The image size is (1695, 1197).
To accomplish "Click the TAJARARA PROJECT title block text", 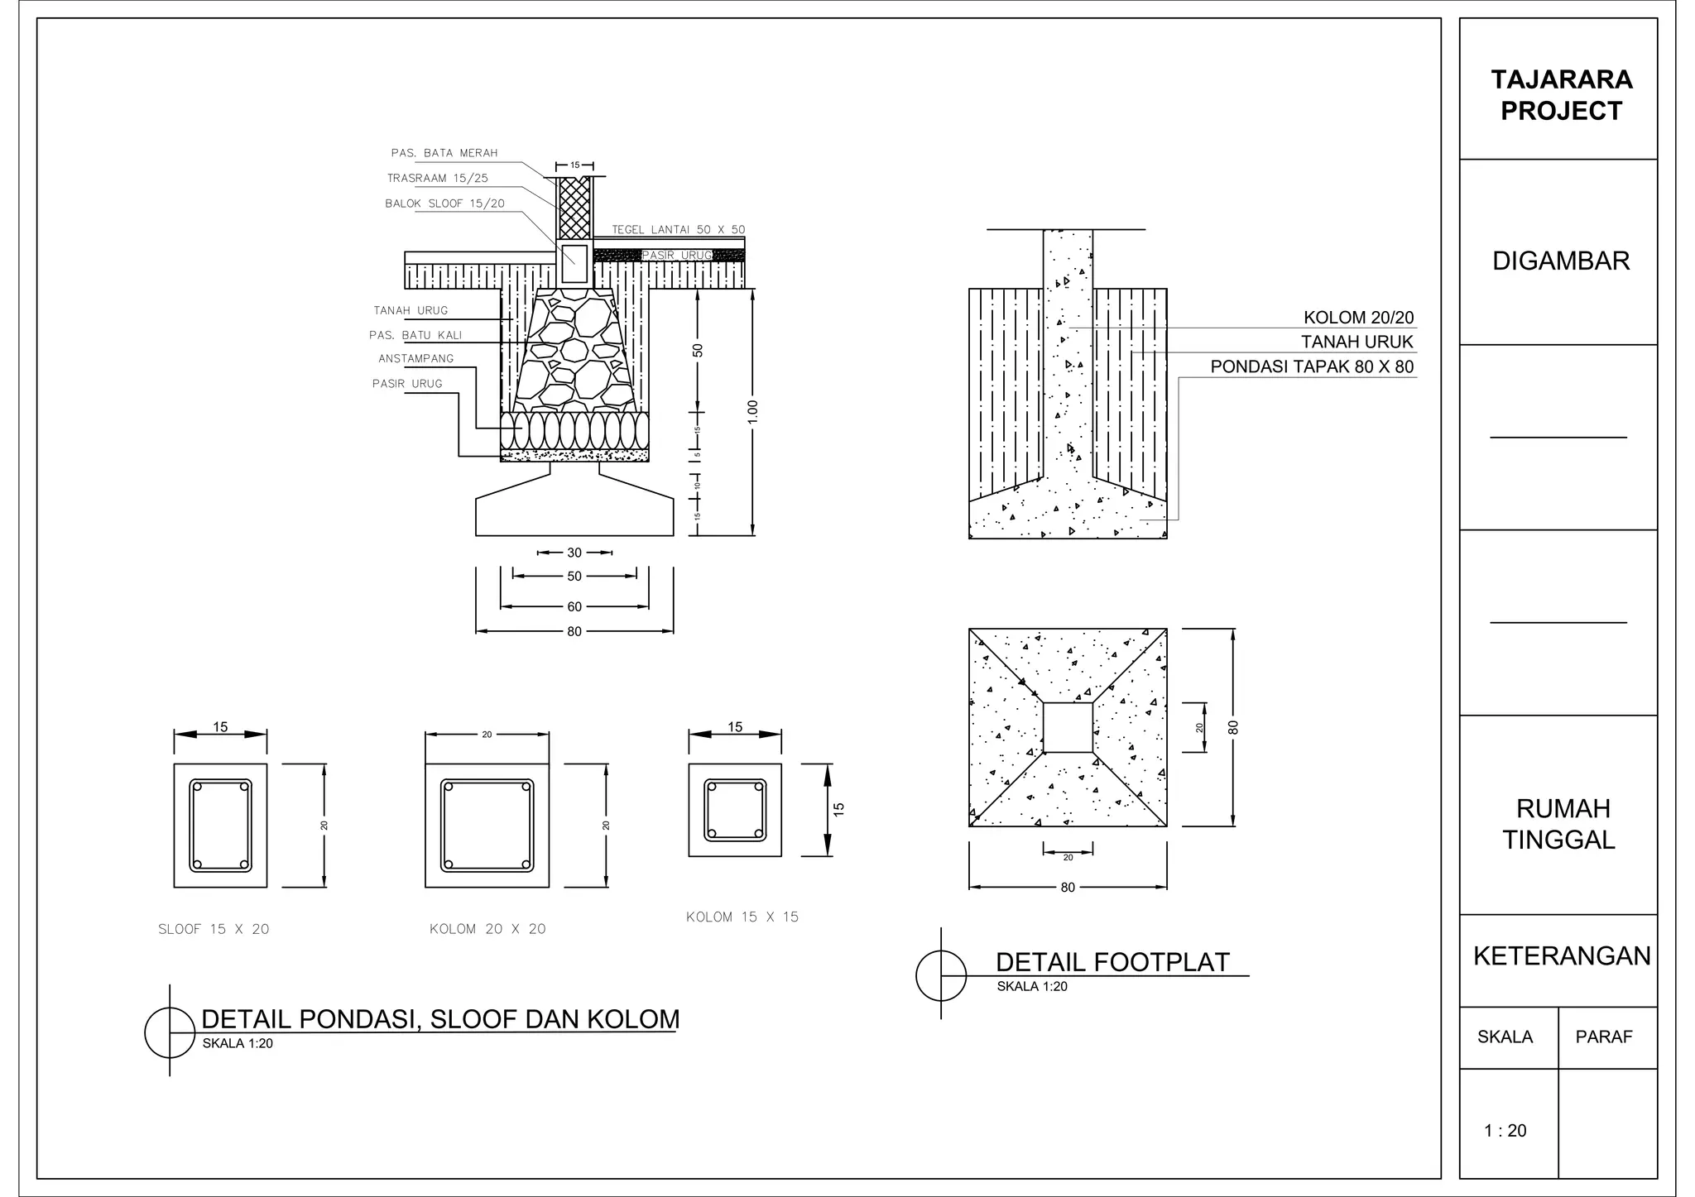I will pos(1561,95).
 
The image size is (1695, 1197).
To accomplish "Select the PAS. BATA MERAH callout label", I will pos(444,153).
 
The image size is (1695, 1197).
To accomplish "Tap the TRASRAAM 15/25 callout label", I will pos(438,179).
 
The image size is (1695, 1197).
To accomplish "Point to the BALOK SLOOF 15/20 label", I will pos(444,203).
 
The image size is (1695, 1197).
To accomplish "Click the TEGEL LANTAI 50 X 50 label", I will pos(678,230).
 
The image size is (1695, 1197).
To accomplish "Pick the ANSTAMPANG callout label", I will pos(416,359).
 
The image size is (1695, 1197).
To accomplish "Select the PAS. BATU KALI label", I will pos(415,335).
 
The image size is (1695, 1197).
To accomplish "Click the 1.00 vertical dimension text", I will pos(752,412).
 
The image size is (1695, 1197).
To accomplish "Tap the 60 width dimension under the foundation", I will pos(574,607).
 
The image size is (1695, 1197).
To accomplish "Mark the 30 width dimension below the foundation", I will pos(574,553).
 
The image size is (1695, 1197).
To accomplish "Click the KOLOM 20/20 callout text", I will pos(1358,318).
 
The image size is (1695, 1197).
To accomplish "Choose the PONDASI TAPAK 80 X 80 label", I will pos(1312,366).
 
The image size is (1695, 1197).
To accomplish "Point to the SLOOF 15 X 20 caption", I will pos(214,929).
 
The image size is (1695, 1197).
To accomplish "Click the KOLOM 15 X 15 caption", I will pos(742,917).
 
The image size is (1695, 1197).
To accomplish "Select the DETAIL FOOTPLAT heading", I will pos(1112,962).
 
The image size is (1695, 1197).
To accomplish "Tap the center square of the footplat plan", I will pos(1068,727).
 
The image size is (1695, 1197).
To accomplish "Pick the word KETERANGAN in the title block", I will pos(1561,956).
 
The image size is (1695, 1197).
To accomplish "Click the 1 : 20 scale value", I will pos(1505,1131).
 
